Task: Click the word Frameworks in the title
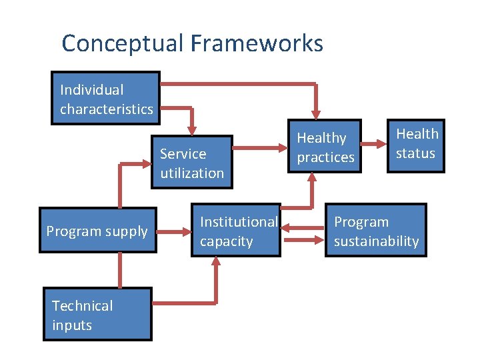(257, 44)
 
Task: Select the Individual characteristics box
(106, 99)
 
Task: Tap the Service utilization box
(192, 163)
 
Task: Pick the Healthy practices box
(325, 147)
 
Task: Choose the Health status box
(416, 143)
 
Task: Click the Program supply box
(97, 231)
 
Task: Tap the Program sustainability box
(376, 231)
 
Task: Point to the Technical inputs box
(97, 315)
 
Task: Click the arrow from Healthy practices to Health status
(374, 147)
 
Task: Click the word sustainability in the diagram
(376, 241)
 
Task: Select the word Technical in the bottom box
(82, 306)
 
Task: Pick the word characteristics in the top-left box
(106, 109)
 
